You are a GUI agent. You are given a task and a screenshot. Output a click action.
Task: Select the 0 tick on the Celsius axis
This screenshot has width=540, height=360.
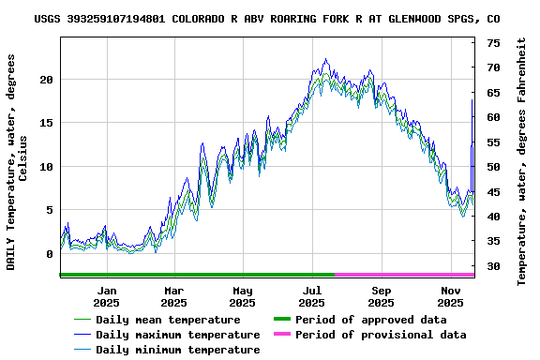(x=50, y=254)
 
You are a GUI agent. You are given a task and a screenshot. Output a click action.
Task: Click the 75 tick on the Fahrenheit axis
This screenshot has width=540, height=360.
(x=493, y=43)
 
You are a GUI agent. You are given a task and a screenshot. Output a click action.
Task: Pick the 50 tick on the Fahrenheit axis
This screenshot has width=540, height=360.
(x=493, y=167)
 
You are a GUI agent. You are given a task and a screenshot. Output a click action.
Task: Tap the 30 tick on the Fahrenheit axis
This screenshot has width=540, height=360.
(x=493, y=266)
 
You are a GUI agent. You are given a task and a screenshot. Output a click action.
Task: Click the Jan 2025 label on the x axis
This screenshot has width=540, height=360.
(x=105, y=296)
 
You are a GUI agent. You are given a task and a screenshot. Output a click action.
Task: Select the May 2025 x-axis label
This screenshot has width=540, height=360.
(x=243, y=296)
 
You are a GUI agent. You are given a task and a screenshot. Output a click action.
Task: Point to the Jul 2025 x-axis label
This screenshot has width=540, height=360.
(x=312, y=296)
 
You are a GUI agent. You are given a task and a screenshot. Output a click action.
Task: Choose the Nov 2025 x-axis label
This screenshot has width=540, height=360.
(x=451, y=296)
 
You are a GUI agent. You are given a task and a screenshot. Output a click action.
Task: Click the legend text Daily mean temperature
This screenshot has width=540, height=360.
(x=168, y=320)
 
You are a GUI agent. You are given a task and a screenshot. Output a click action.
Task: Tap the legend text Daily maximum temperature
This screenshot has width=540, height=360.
(x=178, y=335)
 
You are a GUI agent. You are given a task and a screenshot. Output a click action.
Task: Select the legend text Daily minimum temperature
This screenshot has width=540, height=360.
(x=178, y=350)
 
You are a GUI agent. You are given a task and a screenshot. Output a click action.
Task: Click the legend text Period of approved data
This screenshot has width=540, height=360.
(x=370, y=320)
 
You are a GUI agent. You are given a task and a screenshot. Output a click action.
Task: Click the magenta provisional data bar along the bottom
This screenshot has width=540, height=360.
(x=404, y=275)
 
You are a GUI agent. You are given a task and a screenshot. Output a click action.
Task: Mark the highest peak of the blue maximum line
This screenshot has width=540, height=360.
(x=325, y=59)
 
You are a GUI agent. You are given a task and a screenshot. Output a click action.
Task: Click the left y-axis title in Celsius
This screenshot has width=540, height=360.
(x=17, y=161)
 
